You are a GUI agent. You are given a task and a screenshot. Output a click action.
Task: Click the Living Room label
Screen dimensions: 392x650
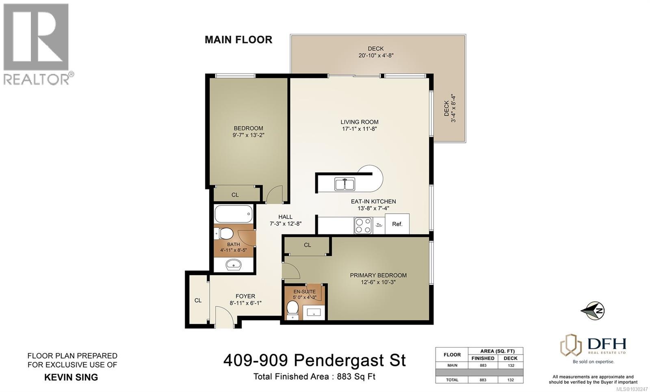(x=359, y=122)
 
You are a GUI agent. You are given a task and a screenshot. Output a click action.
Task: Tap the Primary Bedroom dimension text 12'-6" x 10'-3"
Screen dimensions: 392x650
(x=378, y=282)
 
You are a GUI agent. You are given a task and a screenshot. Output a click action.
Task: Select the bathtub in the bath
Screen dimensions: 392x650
(x=233, y=214)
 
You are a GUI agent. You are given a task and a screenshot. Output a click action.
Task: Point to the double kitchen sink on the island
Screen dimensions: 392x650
(x=344, y=184)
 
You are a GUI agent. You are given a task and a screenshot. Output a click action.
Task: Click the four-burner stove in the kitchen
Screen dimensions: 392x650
(x=363, y=225)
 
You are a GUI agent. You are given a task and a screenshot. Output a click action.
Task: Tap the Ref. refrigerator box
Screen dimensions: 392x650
(x=397, y=224)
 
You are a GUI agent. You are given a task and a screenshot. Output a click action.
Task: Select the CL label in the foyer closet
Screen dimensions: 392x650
(x=198, y=301)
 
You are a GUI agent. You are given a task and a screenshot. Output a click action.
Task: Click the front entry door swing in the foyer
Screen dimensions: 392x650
(x=223, y=317)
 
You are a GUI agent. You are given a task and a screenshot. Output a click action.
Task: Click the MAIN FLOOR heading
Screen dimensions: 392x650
(x=238, y=40)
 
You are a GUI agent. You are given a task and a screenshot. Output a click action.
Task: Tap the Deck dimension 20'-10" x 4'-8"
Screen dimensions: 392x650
(x=376, y=56)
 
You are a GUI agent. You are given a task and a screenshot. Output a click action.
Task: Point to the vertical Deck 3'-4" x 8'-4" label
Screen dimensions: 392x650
(x=450, y=108)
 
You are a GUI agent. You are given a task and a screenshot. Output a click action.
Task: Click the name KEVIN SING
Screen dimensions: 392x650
(x=71, y=377)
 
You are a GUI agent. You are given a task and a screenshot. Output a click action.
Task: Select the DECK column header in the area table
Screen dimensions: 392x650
(x=510, y=358)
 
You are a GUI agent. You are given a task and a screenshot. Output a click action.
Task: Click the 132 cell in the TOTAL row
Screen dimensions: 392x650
(x=510, y=380)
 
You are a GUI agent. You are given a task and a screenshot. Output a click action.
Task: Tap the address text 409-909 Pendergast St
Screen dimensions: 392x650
(x=314, y=360)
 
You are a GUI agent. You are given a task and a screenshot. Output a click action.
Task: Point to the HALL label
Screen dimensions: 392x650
(x=285, y=217)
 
